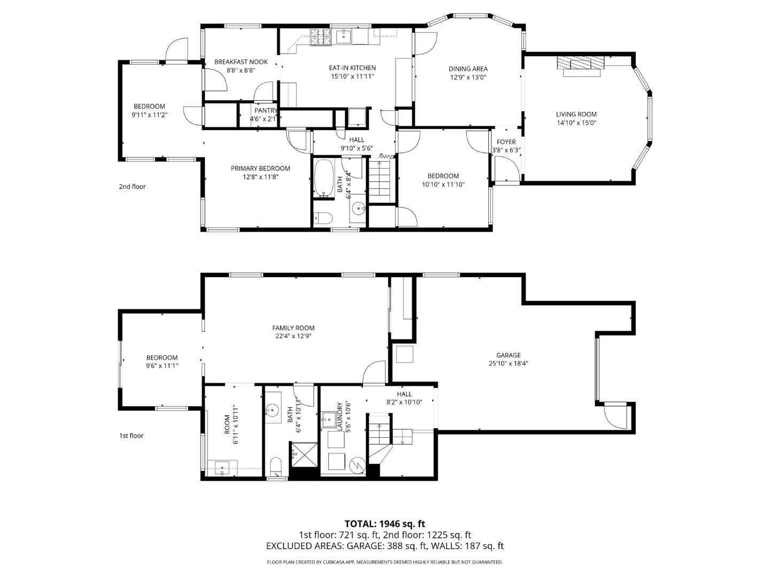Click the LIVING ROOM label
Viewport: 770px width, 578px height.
(576, 114)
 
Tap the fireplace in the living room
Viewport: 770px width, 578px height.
(579, 63)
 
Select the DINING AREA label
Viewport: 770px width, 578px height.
(468, 69)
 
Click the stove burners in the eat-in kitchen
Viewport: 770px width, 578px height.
(322, 37)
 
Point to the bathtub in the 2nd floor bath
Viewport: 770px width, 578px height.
(323, 178)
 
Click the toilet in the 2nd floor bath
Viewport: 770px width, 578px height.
(323, 218)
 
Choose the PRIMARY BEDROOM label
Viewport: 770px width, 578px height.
(260, 168)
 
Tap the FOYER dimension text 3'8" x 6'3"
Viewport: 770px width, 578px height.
(506, 150)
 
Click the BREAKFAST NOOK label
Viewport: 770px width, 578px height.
(241, 62)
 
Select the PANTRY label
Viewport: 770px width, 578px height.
(266, 111)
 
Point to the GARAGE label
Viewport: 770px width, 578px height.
(508, 355)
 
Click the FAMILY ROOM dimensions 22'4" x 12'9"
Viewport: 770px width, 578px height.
(293, 337)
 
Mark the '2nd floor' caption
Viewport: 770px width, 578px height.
(132, 187)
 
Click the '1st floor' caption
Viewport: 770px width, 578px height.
(131, 436)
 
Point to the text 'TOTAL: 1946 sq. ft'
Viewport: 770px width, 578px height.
(384, 523)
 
